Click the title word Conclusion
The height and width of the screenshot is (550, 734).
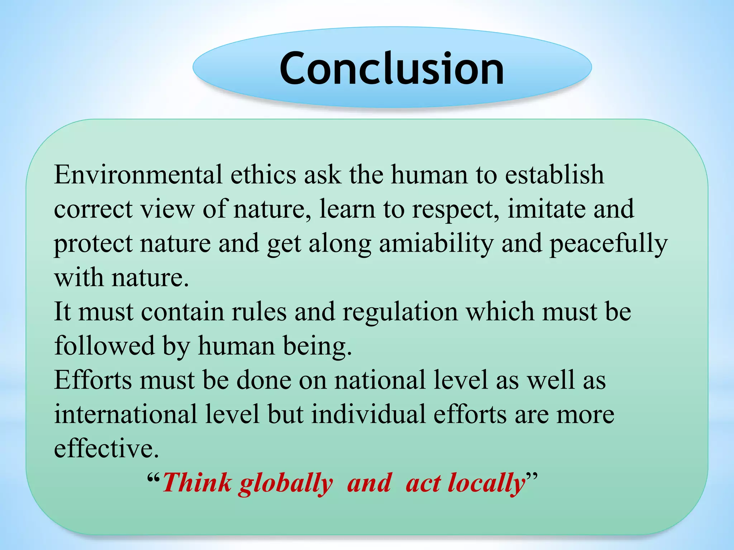[392, 68]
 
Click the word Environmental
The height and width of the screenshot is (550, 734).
[138, 175]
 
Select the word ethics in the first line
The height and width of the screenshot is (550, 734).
[263, 175]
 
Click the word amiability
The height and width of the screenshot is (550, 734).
[436, 243]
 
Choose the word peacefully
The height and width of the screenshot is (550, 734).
[608, 243]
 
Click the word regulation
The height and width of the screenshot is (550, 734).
[400, 312]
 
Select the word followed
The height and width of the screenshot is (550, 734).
[104, 346]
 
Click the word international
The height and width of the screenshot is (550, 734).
[125, 414]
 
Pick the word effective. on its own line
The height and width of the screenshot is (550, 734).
[106, 448]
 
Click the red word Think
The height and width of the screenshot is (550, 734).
[197, 483]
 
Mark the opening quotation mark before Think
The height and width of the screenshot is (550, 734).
[153, 478]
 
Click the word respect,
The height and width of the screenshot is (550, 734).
[456, 209]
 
